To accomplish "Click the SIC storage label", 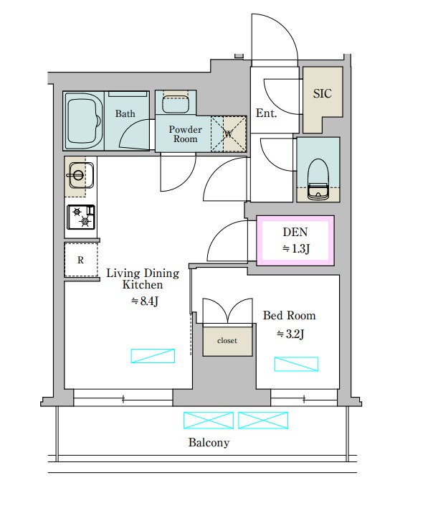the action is click(x=323, y=93).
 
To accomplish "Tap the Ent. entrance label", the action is click(x=266, y=113).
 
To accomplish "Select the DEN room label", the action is click(x=295, y=232).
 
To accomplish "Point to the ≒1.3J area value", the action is click(x=296, y=249).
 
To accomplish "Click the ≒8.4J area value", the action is click(x=145, y=301).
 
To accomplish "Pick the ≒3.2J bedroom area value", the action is click(x=290, y=334).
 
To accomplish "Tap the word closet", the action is click(x=227, y=341).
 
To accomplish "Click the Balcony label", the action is click(x=209, y=443).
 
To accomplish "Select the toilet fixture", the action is click(x=318, y=179).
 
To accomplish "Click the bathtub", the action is click(x=83, y=120).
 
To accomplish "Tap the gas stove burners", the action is click(x=81, y=217).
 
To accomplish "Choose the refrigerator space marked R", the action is click(x=81, y=260).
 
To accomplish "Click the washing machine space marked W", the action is click(x=229, y=133).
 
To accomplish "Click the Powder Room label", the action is click(x=185, y=134).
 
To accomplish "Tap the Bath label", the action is click(x=125, y=113).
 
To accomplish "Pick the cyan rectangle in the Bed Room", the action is click(x=296, y=364).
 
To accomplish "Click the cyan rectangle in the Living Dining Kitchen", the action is click(x=153, y=356).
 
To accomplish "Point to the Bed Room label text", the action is click(x=290, y=316).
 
